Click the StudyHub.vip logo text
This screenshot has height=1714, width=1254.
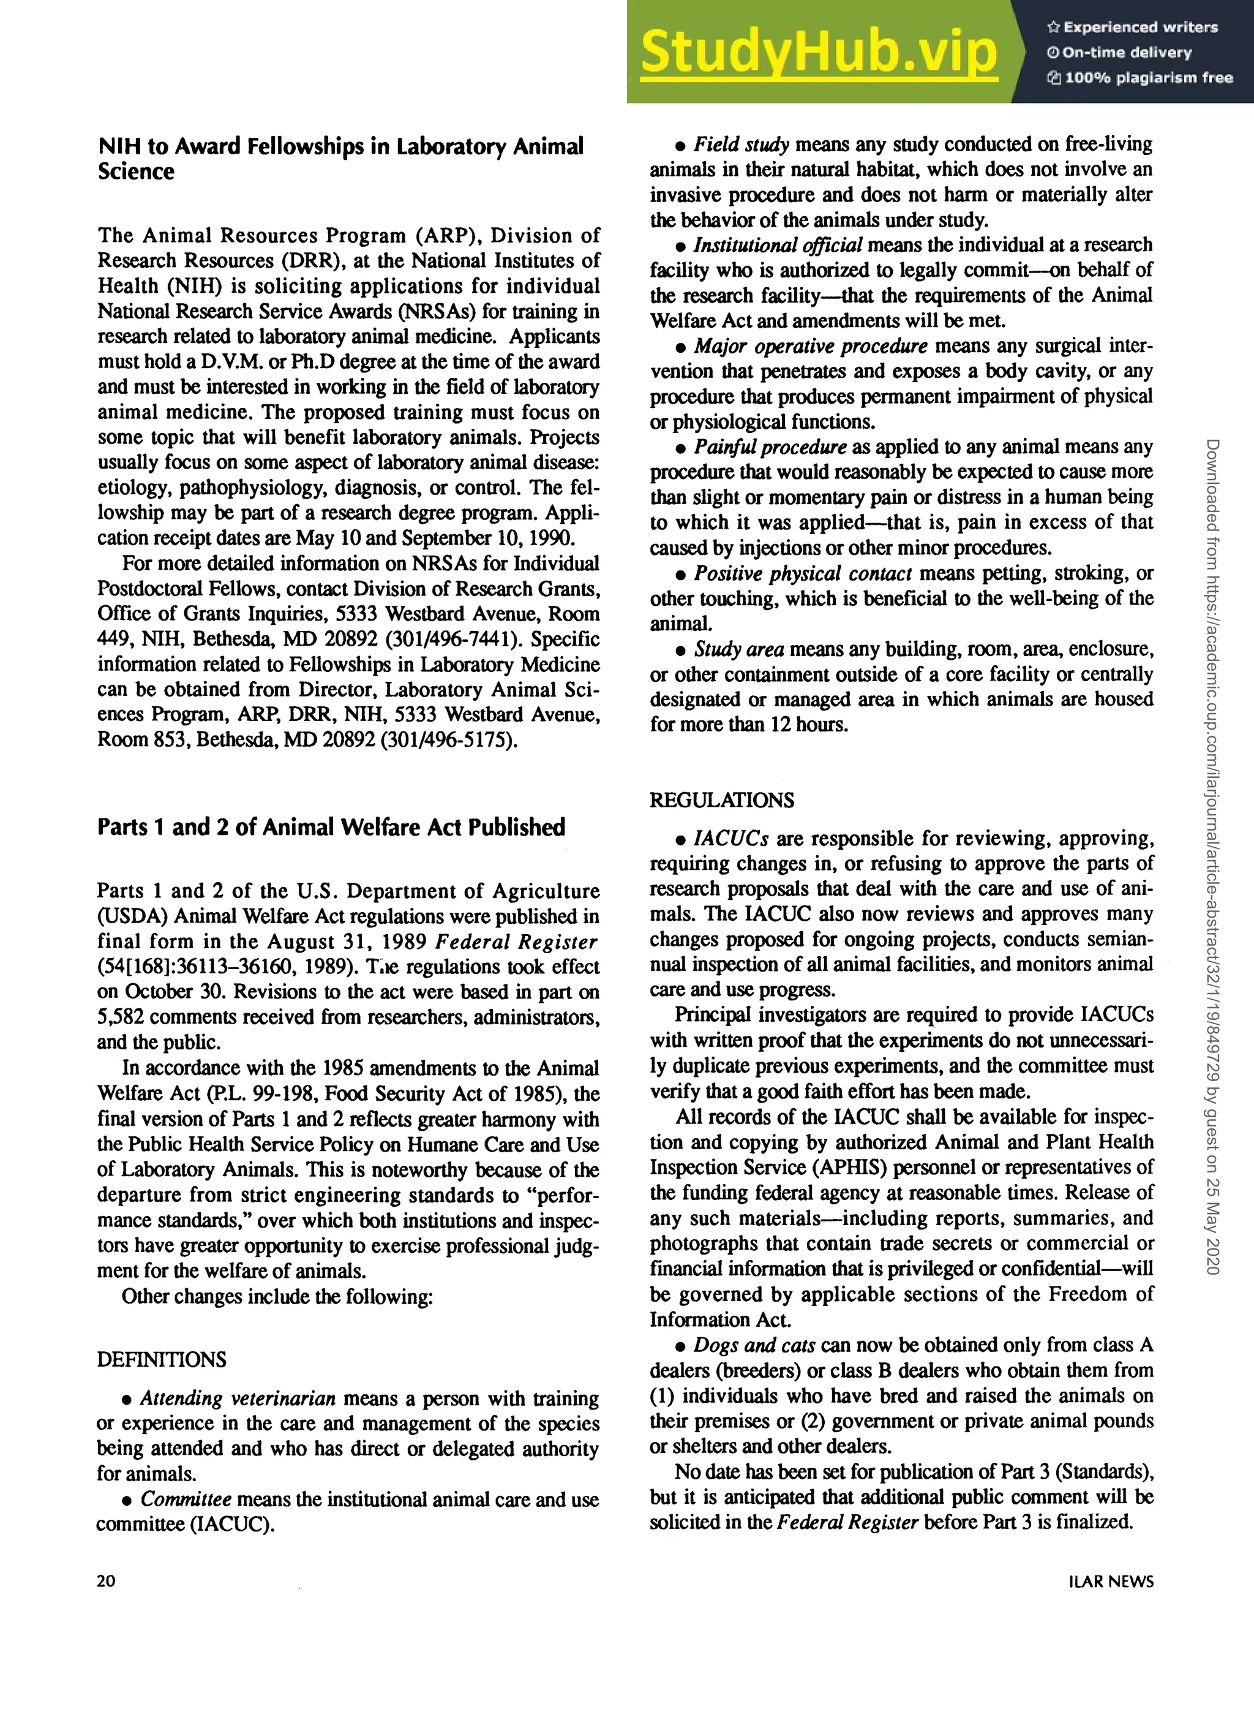[818, 51]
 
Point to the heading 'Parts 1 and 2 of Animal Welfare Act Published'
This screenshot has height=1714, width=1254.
[331, 827]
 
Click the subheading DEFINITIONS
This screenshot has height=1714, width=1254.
[162, 1359]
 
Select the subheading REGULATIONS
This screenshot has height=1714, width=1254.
[722, 801]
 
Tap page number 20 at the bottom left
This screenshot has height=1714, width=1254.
[107, 1580]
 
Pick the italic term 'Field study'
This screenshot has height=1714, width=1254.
[741, 145]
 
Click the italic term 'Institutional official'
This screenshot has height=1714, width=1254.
[777, 244]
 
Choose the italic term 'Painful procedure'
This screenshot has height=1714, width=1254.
[770, 447]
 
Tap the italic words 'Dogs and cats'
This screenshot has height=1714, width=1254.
[754, 1345]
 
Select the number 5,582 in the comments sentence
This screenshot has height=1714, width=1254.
[120, 1017]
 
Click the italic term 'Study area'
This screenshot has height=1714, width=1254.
[738, 649]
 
